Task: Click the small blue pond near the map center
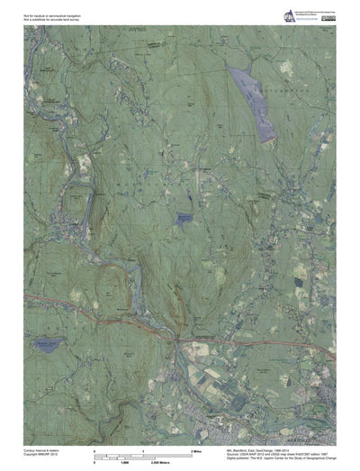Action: click(x=184, y=218)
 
